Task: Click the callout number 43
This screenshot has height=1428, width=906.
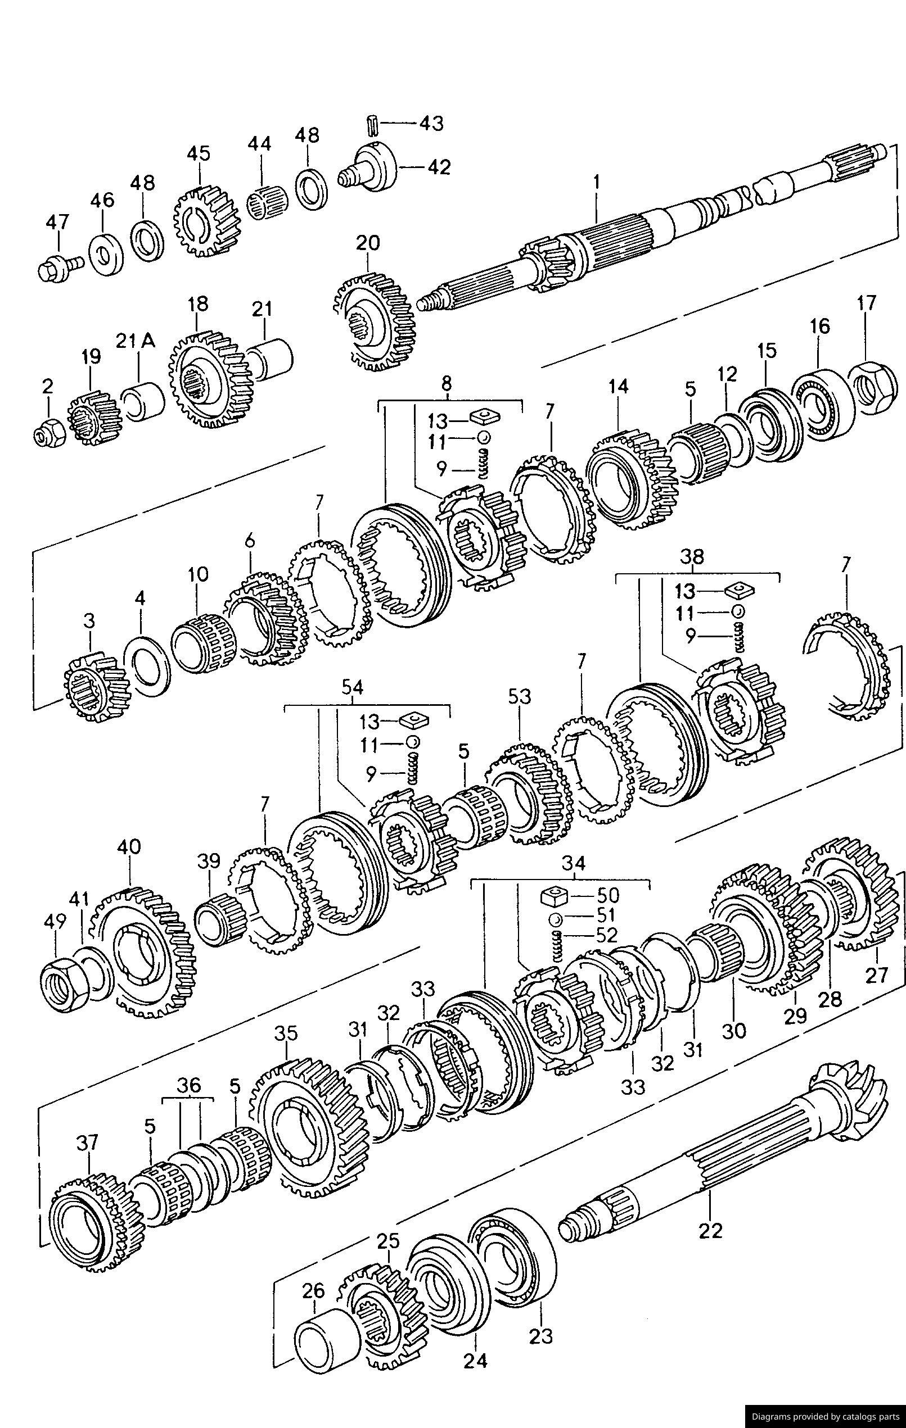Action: click(431, 123)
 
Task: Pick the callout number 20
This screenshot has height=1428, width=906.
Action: click(368, 243)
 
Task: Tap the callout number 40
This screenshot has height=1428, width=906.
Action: click(129, 846)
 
